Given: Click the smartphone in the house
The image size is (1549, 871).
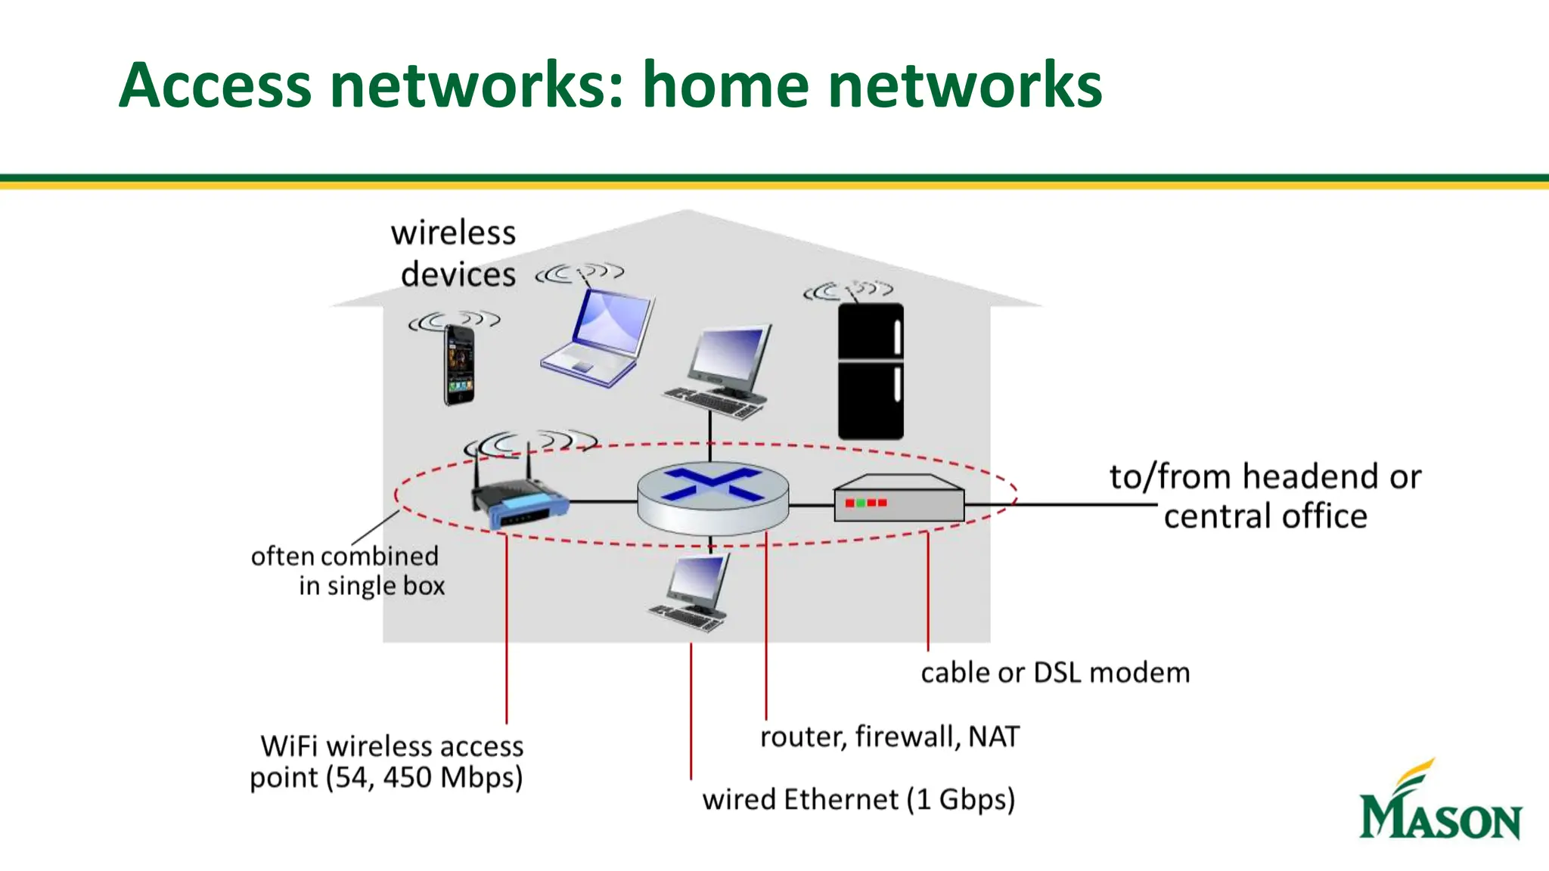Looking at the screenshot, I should (459, 365).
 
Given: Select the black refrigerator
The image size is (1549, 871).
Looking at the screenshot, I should (871, 370).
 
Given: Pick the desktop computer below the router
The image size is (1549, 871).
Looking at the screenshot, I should (692, 594).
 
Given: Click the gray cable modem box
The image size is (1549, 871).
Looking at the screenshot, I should (899, 499).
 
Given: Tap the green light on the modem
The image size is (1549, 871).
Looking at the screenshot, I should (861, 503).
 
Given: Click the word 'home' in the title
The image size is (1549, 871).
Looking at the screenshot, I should (727, 85).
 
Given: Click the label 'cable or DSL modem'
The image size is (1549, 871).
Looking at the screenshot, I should (1054, 673).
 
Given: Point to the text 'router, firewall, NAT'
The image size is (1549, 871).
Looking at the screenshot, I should (889, 736).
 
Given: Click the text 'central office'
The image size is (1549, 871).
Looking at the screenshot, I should (1265, 517).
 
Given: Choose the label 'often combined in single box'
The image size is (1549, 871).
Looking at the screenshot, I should (348, 571).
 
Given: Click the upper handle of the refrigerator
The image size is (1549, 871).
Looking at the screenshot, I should (897, 337).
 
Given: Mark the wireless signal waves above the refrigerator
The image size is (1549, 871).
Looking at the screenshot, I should (849, 290).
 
